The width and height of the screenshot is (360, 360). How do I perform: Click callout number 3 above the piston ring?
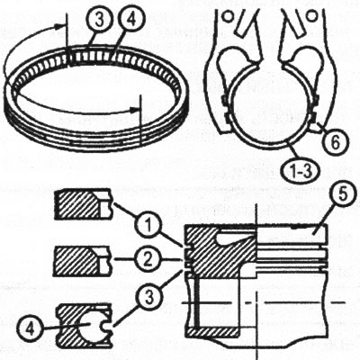point(100,21)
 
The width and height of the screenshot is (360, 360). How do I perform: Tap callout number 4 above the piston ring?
point(131,21)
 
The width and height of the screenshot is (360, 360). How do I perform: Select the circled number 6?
point(336,141)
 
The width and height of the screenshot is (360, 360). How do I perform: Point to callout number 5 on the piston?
point(340,195)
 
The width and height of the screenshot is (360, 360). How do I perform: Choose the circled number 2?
point(148,260)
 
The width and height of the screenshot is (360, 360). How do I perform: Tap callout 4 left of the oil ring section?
point(29,328)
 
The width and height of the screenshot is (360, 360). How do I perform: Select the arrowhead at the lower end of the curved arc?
point(134,109)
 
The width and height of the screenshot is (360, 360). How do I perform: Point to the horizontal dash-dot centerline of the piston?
point(264,302)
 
